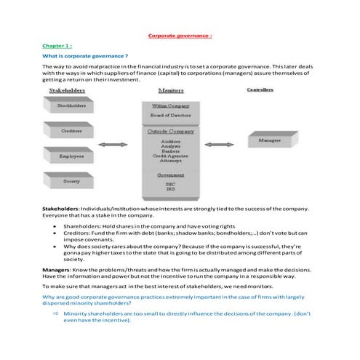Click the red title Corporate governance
pyautogui.click(x=180, y=36)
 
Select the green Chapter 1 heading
pyautogui.click(x=56, y=46)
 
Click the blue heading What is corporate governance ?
pyautogui.click(x=86, y=56)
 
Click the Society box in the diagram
pyautogui.click(x=71, y=180)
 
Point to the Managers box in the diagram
pyautogui.click(x=270, y=139)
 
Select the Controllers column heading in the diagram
pyautogui.click(x=260, y=90)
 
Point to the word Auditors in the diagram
pyautogui.click(x=171, y=141)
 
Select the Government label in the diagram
pyautogui.click(x=171, y=175)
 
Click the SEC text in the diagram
pyautogui.click(x=171, y=185)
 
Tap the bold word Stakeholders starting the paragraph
pyautogui.click(x=60, y=209)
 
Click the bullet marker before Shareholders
pyautogui.click(x=55, y=225)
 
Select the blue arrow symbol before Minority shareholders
pyautogui.click(x=55, y=312)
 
